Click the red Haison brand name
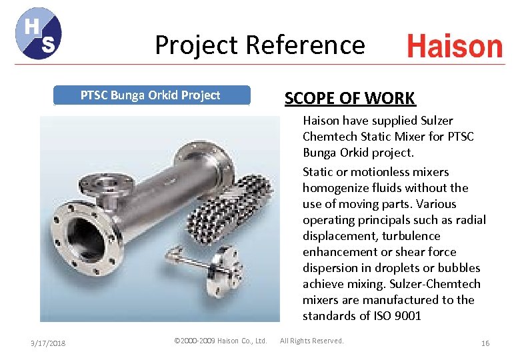455,47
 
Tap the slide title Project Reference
259,45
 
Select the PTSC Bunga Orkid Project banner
151,95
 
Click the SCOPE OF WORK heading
350,99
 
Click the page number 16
485,343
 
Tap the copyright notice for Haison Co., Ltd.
220,341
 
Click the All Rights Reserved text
312,341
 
